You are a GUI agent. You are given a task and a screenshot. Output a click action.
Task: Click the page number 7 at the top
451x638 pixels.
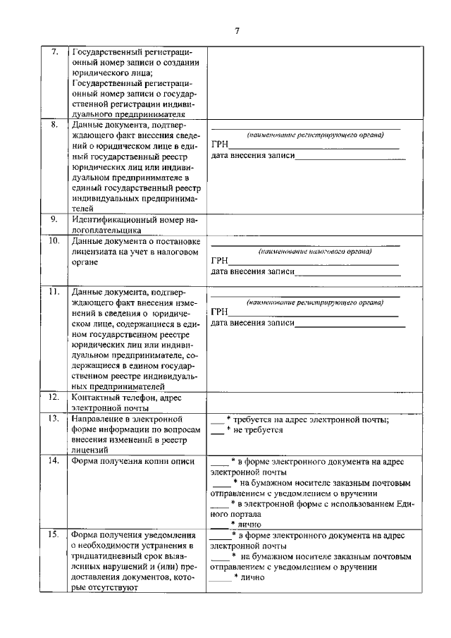pyautogui.click(x=237, y=30)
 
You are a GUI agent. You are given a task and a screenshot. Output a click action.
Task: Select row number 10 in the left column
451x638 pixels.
pyautogui.click(x=54, y=241)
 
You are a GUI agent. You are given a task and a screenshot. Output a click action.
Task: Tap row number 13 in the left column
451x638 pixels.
pyautogui.click(x=54, y=419)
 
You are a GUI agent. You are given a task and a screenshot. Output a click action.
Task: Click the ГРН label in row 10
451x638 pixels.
pyautogui.click(x=219, y=261)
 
